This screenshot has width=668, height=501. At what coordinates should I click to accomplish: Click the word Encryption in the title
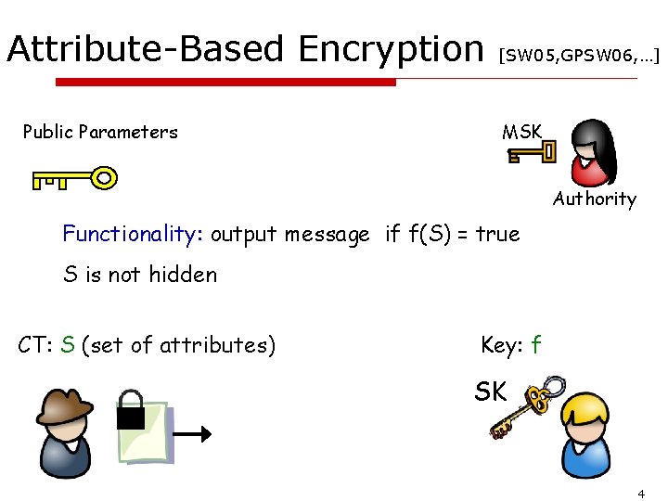point(390,48)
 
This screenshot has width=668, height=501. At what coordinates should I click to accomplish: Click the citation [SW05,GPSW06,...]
point(579,56)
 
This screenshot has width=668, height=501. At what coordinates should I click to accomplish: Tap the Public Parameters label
point(100,132)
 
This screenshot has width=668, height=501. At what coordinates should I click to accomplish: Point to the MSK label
point(521,132)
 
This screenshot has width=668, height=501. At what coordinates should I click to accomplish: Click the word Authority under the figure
point(595,199)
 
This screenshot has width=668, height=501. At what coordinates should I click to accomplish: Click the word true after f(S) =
point(497,234)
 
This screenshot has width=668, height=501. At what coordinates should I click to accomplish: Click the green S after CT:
point(67,345)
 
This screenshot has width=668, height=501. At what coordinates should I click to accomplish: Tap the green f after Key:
point(535,345)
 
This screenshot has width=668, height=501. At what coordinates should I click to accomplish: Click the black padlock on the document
point(131,410)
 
